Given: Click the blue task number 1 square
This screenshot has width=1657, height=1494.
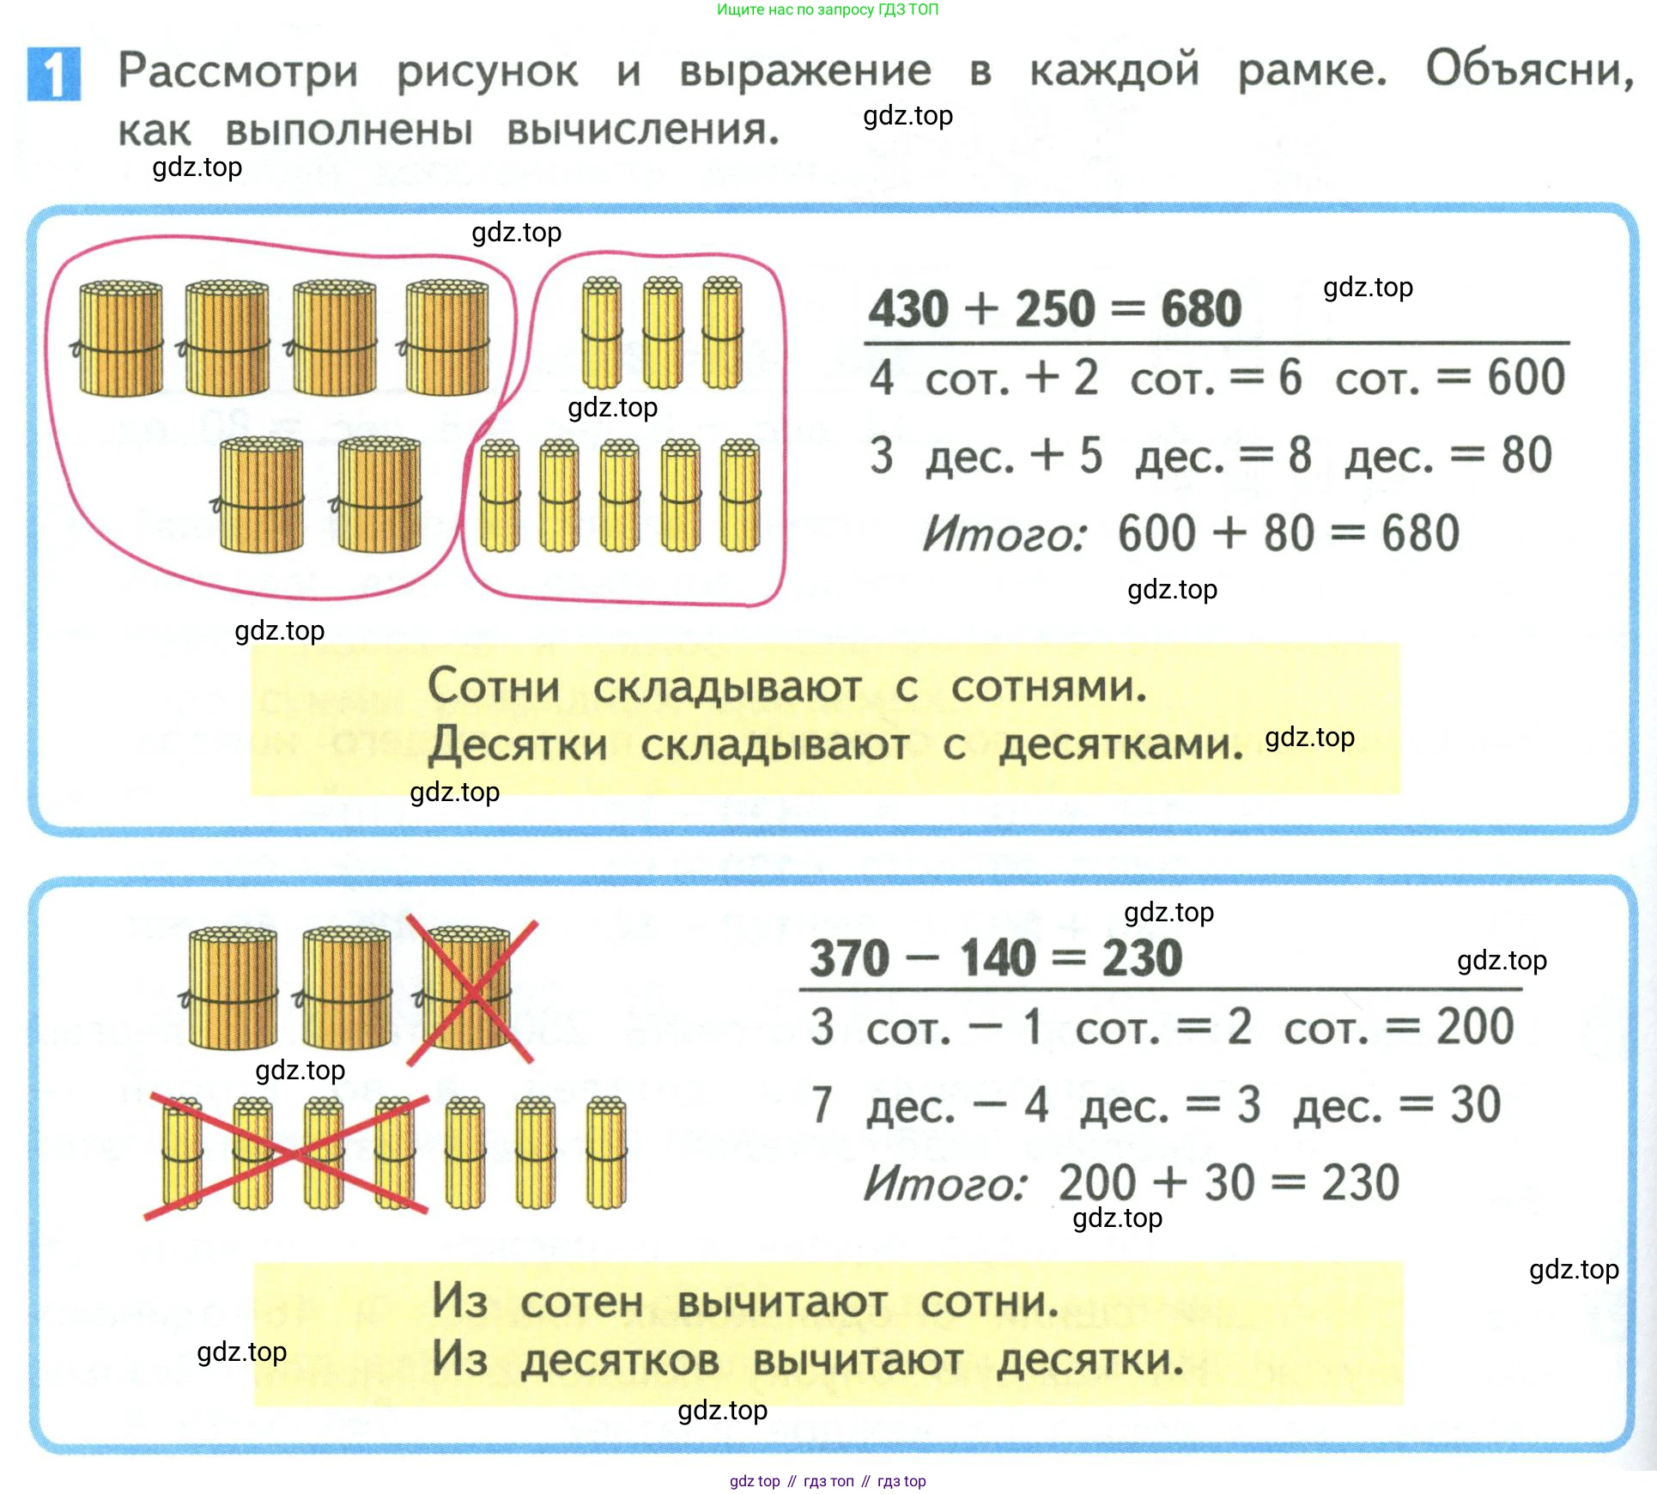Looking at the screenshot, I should click(x=54, y=74).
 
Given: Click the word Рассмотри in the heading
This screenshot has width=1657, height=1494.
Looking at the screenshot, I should click(x=238, y=70).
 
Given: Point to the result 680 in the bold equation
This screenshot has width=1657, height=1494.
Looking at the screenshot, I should click(x=1201, y=309).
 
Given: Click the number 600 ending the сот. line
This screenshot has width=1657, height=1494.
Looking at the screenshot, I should click(x=1526, y=378).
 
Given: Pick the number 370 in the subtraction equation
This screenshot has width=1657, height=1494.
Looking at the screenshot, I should click(x=850, y=958).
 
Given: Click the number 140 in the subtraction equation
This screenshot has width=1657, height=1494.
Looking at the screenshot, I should click(x=998, y=958).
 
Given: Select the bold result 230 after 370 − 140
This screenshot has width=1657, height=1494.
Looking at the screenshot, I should click(x=1142, y=958).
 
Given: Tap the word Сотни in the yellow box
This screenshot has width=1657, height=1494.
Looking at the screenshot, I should click(x=494, y=687).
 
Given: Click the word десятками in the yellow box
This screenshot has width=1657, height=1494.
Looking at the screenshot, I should click(x=1120, y=745).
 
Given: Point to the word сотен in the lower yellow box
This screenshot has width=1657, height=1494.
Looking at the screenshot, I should click(x=581, y=1303).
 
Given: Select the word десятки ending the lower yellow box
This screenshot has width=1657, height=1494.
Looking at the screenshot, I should click(x=1090, y=1361).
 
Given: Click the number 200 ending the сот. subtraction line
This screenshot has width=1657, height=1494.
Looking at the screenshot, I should click(x=1475, y=1027).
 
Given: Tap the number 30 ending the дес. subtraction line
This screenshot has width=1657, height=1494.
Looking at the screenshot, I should click(x=1475, y=1105).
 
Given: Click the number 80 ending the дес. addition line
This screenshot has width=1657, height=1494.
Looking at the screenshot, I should click(x=1527, y=456).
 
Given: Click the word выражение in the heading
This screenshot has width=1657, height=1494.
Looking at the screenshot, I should click(x=804, y=70).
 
